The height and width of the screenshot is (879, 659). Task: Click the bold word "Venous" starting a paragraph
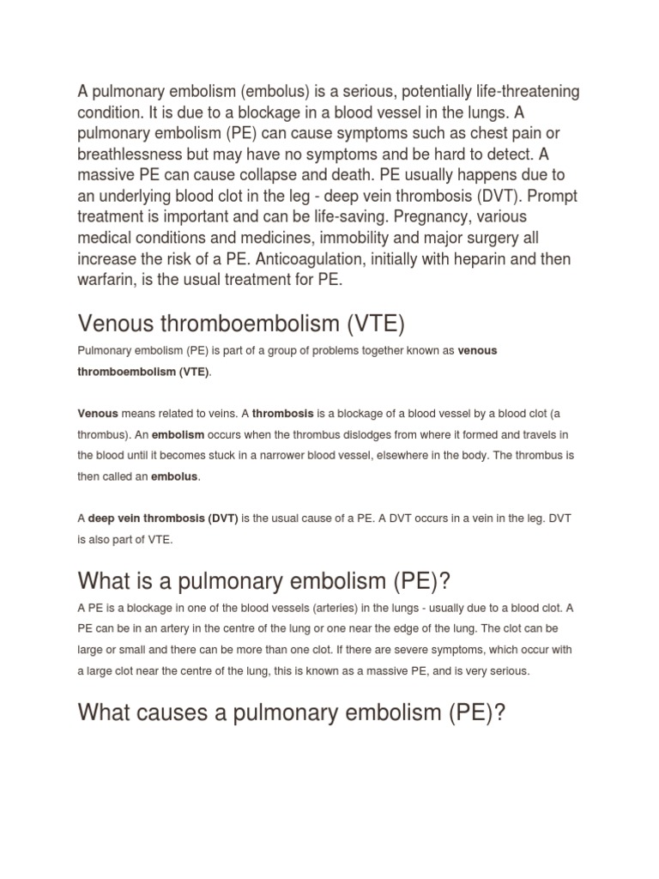click(x=98, y=413)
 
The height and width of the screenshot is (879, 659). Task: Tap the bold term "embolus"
click(x=175, y=476)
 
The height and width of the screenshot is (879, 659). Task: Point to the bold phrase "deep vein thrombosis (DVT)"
click(x=163, y=519)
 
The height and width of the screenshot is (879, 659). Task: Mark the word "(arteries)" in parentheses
click(x=328, y=607)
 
